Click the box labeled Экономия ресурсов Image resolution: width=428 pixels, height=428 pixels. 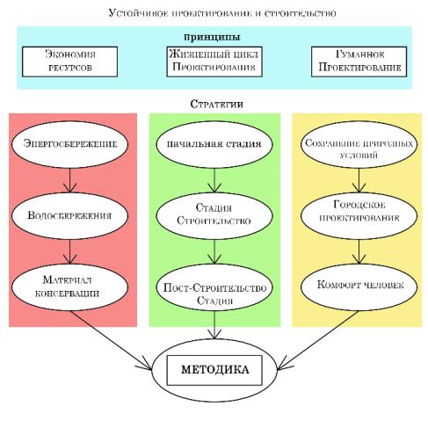pyautogui.click(x=69, y=62)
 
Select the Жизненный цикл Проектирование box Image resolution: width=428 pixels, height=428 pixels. pyautogui.click(x=214, y=62)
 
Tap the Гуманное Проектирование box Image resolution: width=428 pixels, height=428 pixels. pyautogui.click(x=359, y=62)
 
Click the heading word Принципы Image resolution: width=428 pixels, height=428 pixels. pyautogui.click(x=213, y=37)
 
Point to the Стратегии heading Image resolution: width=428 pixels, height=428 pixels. pyautogui.click(x=216, y=104)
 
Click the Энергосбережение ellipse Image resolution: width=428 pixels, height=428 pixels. pyautogui.click(x=69, y=144)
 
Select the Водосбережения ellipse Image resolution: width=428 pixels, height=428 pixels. pyautogui.click(x=69, y=216)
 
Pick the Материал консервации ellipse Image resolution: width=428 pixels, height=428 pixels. pyautogui.click(x=69, y=287)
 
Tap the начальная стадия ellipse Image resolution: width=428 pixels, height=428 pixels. pyautogui.click(x=214, y=144)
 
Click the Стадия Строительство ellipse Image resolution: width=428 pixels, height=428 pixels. pyautogui.click(x=214, y=216)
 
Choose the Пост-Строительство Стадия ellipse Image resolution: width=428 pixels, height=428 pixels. pyautogui.click(x=214, y=287)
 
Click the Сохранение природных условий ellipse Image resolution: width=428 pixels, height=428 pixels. pyautogui.click(x=359, y=144)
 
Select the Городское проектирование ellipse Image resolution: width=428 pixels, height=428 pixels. pyautogui.click(x=359, y=216)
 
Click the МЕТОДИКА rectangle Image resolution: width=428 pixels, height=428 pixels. pyautogui.click(x=214, y=370)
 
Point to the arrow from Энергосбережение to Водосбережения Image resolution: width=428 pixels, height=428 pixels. pyautogui.click(x=69, y=180)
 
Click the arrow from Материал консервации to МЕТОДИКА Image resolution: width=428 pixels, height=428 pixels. pyautogui.click(x=111, y=340)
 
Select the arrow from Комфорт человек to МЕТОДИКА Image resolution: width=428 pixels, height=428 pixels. pyautogui.click(x=317, y=340)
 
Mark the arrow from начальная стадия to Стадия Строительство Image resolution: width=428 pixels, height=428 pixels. pyautogui.click(x=214, y=180)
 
